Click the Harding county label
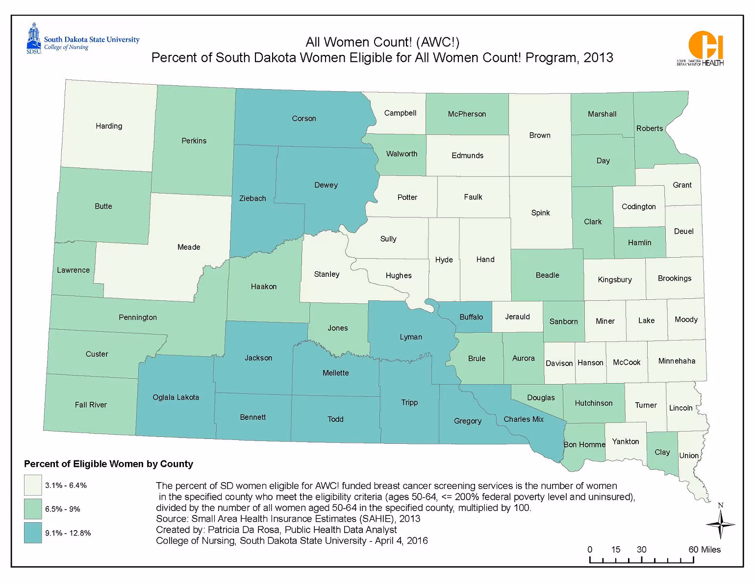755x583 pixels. pyautogui.click(x=109, y=126)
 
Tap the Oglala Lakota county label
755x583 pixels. pyautogui.click(x=176, y=397)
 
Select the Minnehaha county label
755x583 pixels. pyautogui.click(x=677, y=361)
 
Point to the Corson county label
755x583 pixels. pyautogui.click(x=304, y=119)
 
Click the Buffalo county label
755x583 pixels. pyautogui.click(x=471, y=317)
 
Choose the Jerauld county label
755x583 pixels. pyautogui.click(x=518, y=317)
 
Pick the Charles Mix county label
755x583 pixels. pyautogui.click(x=524, y=419)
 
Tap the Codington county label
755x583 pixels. pyautogui.click(x=638, y=207)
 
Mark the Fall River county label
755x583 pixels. pyautogui.click(x=91, y=405)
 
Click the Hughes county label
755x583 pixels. pyautogui.click(x=399, y=276)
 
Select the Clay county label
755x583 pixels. pyautogui.click(x=662, y=452)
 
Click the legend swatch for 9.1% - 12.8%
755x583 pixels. pyautogui.click(x=33, y=533)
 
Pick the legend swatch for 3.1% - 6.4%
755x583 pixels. pyautogui.click(x=33, y=486)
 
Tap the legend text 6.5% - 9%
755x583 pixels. pyautogui.click(x=63, y=510)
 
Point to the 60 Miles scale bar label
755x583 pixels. pyautogui.click(x=705, y=550)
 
